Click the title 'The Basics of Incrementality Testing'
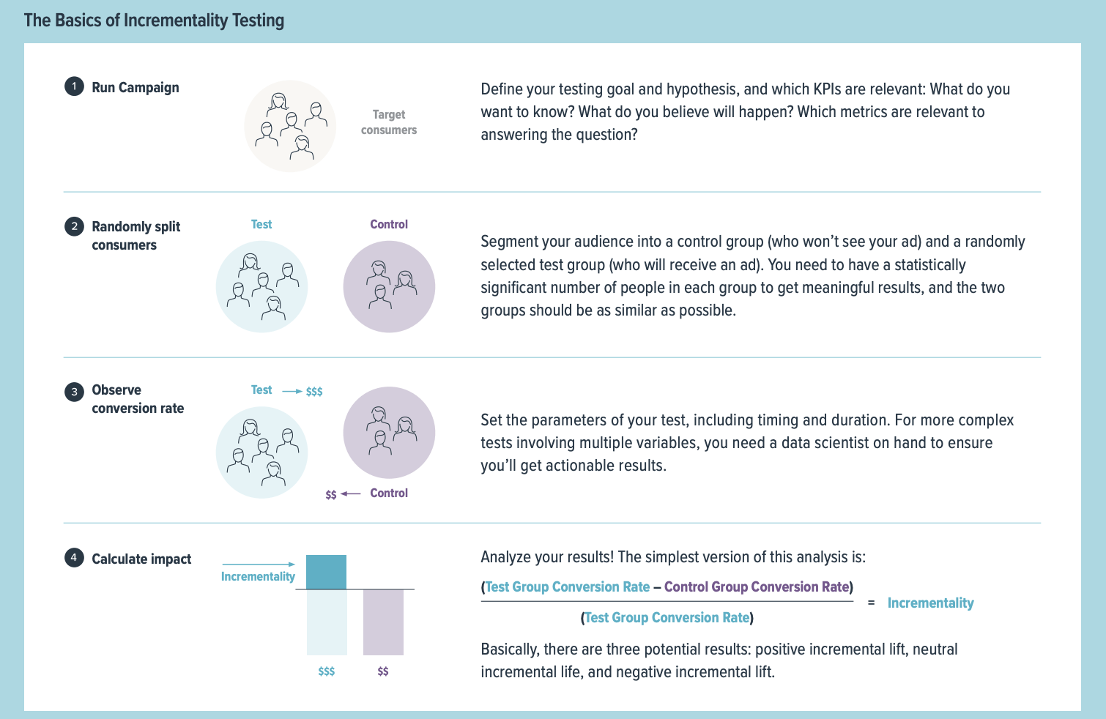[x=154, y=21]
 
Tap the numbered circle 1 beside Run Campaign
[x=74, y=87]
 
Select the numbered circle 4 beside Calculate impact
[x=74, y=559]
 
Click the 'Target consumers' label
[x=388, y=122]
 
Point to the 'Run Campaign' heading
[x=136, y=88]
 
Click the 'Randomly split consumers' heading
[x=136, y=236]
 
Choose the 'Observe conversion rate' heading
[x=138, y=399]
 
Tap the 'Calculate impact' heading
[x=141, y=559]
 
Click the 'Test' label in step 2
[x=261, y=225]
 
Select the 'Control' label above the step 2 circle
[x=389, y=225]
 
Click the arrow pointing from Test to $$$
[x=292, y=392]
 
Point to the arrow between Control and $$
[x=351, y=494]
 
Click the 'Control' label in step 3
[x=389, y=493]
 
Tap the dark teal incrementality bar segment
[x=326, y=572]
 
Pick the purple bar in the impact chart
[x=383, y=622]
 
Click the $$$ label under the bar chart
[x=327, y=671]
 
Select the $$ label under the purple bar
[x=383, y=671]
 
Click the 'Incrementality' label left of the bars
[x=258, y=577]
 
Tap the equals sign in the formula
[x=871, y=603]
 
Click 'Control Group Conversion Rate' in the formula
[x=757, y=587]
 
